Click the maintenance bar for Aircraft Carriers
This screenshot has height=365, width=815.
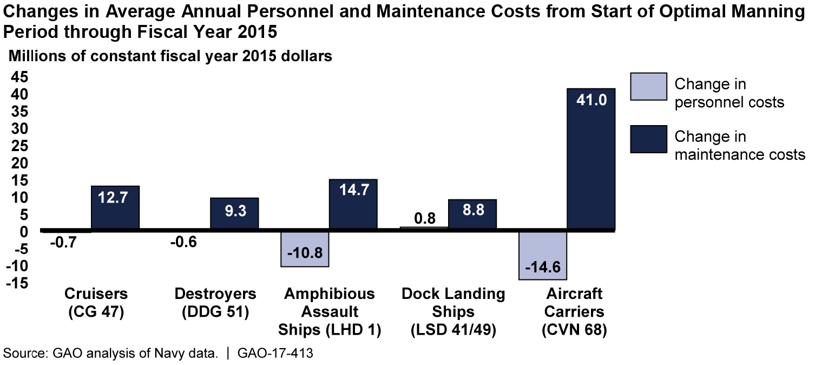pos(591,160)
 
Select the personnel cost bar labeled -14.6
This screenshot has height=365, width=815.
pos(543,256)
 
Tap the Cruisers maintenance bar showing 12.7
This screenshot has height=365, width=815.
pos(115,208)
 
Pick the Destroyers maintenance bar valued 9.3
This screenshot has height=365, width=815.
pos(234,214)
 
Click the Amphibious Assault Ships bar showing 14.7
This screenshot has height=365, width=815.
pos(353,205)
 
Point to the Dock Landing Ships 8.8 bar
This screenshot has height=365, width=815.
pos(472,216)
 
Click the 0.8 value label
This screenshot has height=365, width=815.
pos(424,218)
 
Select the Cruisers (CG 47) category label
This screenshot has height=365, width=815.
pos(96,303)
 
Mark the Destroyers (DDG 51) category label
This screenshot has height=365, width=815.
pos(215,303)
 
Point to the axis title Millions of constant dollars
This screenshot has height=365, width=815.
pos(169,56)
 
